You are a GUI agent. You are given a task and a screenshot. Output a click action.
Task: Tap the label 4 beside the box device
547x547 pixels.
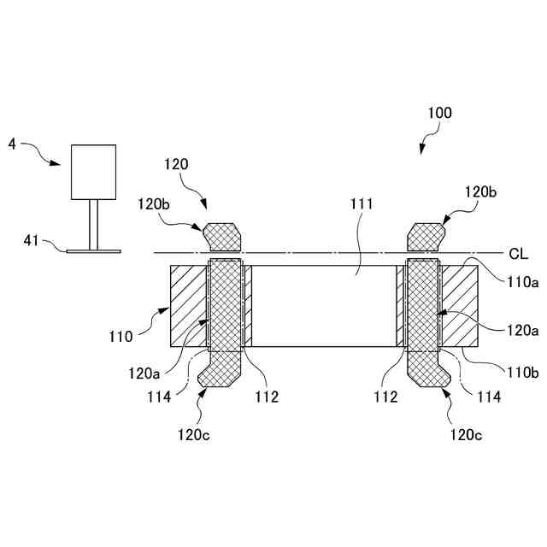click(12, 144)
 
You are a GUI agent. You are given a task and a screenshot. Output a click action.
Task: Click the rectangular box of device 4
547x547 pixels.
click(93, 172)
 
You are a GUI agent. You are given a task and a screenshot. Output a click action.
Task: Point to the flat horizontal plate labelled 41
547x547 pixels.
click(94, 251)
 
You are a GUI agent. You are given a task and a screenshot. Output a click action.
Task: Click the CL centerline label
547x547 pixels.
click(517, 253)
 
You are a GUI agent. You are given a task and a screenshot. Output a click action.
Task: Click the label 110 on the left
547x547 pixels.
click(121, 336)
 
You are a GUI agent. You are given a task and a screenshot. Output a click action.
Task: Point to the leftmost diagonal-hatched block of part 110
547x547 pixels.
click(189, 305)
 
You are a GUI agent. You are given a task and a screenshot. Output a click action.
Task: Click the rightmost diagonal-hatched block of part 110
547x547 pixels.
click(461, 305)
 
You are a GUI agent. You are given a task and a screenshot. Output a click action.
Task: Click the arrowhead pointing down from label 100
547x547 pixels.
click(422, 150)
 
